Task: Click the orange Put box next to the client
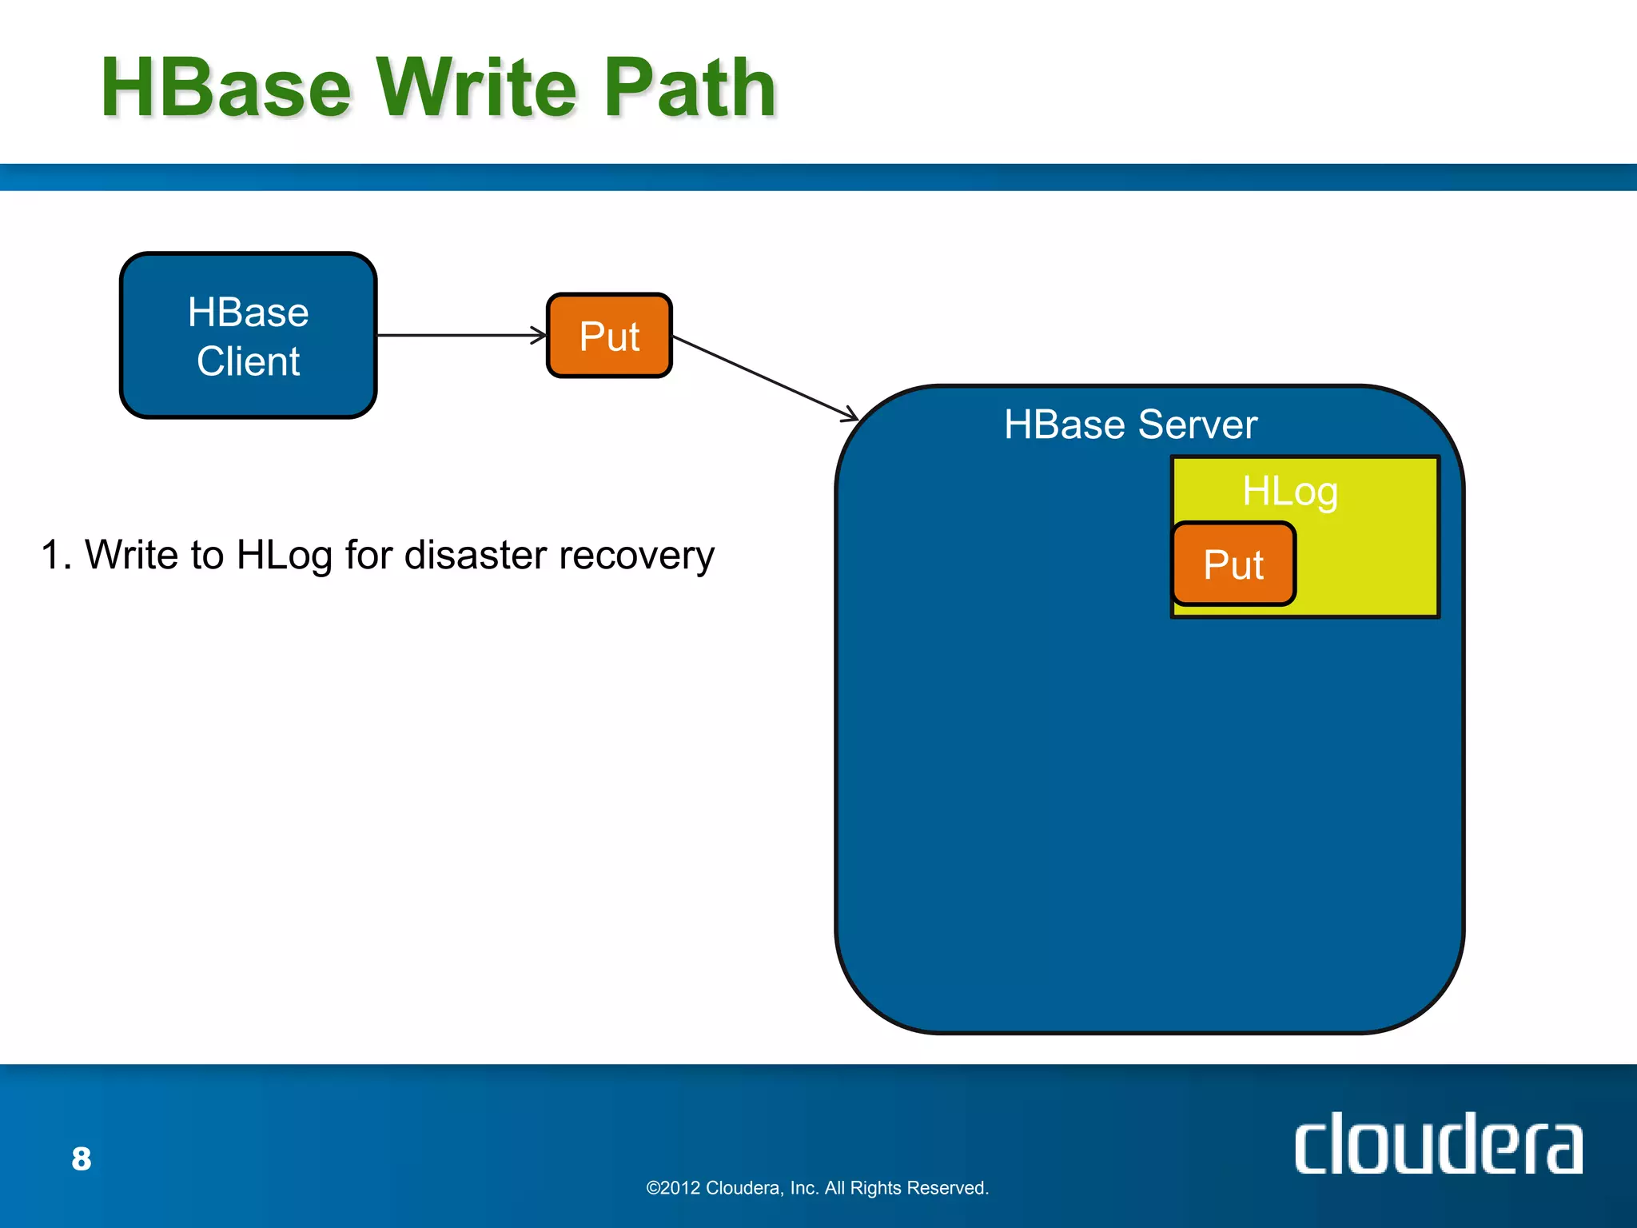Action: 609,336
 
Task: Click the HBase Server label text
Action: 1130,425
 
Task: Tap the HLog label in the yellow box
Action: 1289,491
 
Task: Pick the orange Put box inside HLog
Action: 1233,564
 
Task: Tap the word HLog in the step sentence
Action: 284,555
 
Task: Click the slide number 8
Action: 82,1158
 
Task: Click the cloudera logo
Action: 1438,1145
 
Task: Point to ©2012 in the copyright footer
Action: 673,1188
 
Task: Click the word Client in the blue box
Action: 248,361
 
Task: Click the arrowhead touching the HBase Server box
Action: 852,416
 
